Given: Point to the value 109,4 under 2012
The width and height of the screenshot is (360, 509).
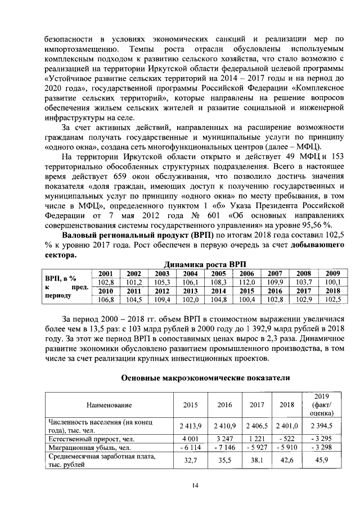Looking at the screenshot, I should click(161, 300).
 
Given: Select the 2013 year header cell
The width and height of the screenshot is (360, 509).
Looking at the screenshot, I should click(190, 291).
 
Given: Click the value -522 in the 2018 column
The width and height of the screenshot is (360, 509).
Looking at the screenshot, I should click(287, 438).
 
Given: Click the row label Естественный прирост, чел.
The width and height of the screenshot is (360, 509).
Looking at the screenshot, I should click(93, 438).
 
